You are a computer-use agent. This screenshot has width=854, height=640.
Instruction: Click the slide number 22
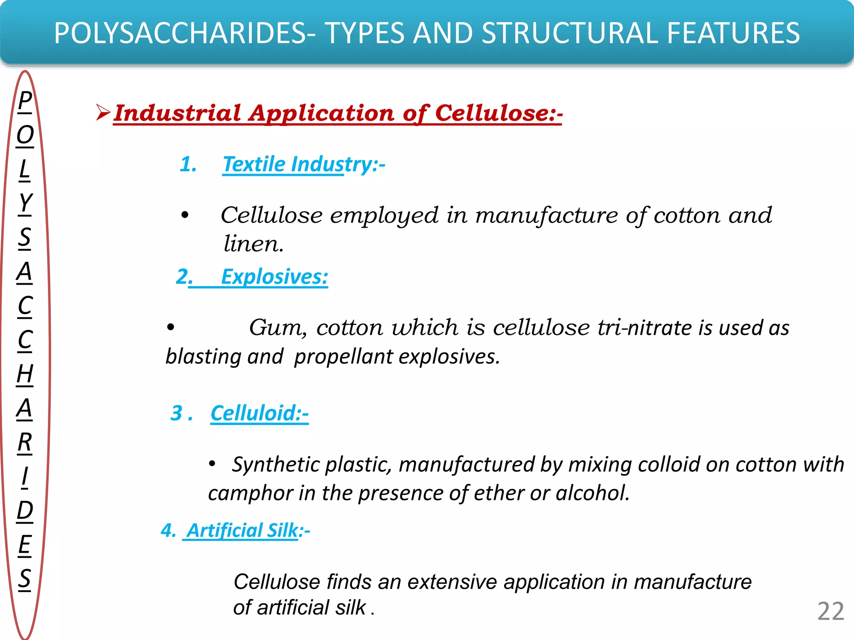point(831,612)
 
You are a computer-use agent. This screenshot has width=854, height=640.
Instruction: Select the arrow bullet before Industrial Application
point(103,113)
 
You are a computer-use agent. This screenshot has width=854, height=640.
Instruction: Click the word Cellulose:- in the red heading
point(499,113)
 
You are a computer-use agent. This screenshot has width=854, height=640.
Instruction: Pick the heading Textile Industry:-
point(304,164)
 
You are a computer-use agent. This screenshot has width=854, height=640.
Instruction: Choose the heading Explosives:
point(274,277)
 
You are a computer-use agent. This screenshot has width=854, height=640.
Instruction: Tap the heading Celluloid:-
point(259,413)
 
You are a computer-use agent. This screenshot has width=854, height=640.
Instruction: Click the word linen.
point(254,244)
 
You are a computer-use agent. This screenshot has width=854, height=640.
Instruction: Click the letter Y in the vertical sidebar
point(25,203)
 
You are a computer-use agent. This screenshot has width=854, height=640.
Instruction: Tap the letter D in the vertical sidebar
point(25,510)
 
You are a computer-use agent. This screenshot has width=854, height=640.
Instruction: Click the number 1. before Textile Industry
point(188,164)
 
